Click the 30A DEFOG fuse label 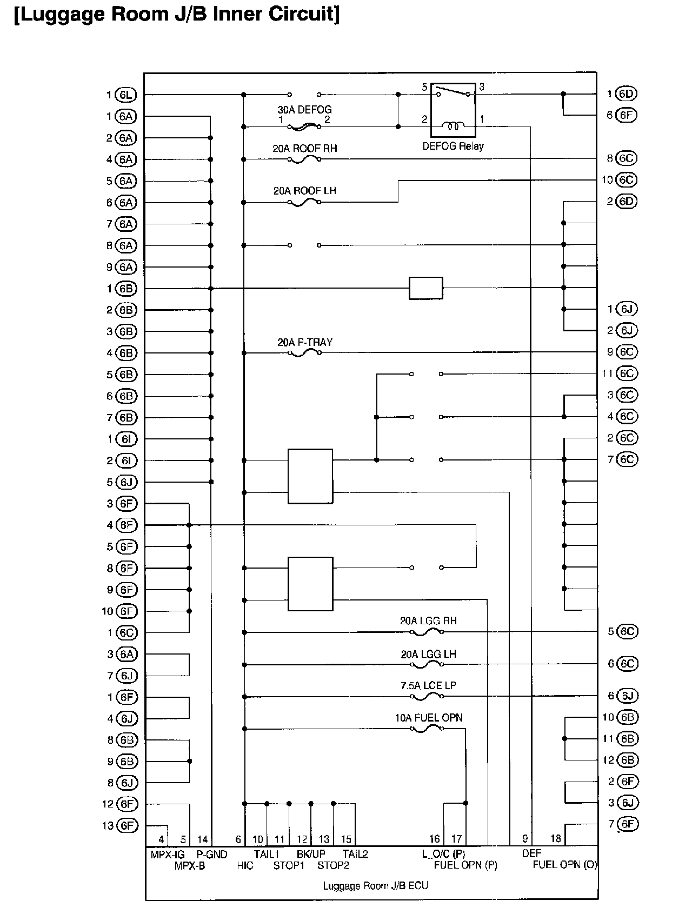[304, 110]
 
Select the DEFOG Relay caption [453, 146]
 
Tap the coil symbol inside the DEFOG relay [454, 126]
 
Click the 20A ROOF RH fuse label [304, 148]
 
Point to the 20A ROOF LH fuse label [304, 191]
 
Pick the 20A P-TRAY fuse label [305, 342]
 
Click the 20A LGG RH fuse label [428, 620]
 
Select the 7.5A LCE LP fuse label [428, 685]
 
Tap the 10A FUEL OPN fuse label [428, 718]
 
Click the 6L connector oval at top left [126, 95]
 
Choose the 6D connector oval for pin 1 [626, 94]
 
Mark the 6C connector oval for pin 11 [626, 373]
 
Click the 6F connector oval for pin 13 [126, 825]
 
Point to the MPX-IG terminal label [168, 855]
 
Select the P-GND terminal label [211, 855]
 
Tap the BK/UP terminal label [311, 855]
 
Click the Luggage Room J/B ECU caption [375, 886]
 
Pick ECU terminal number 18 [556, 839]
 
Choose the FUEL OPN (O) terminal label [565, 865]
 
